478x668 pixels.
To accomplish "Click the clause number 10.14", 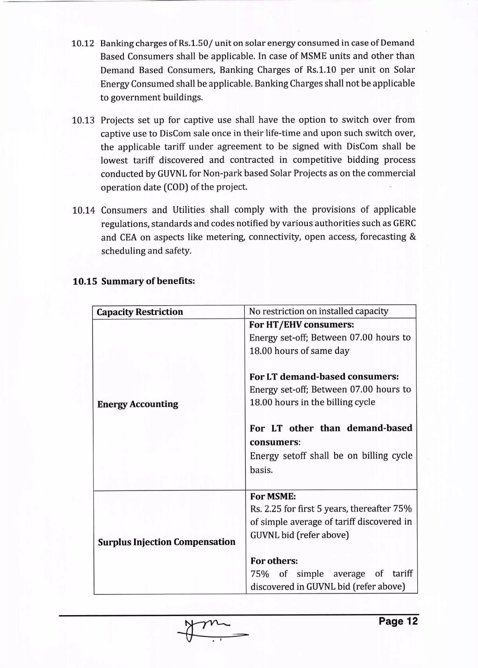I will click(84, 210).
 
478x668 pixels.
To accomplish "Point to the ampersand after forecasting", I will click(412, 237).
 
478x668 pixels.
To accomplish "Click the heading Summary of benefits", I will click(148, 281).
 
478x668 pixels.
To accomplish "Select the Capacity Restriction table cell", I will click(140, 312).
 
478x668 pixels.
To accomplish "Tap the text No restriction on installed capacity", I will click(318, 311).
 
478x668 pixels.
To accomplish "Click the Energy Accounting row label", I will click(137, 404).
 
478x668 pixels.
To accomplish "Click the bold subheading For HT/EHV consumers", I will click(301, 325).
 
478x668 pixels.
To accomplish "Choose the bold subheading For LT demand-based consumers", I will click(324, 377).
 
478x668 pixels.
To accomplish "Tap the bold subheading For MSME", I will click(273, 497).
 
